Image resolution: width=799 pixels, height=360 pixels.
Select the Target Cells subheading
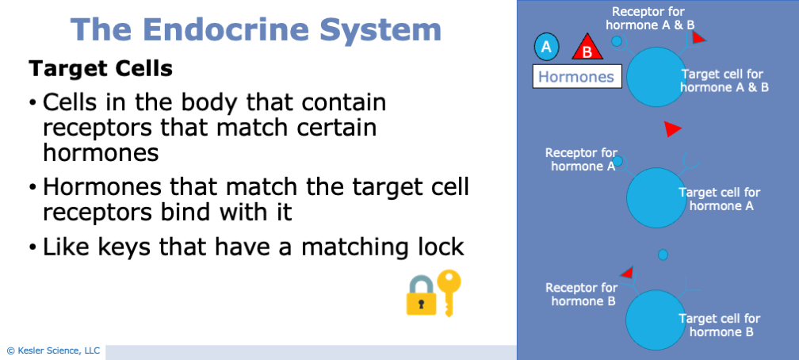tap(101, 69)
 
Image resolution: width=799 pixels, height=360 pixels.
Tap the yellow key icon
tap(449, 291)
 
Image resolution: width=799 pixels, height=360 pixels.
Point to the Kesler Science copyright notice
tap(53, 350)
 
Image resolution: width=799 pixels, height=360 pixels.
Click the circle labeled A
tap(545, 48)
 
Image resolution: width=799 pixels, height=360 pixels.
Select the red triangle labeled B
tap(587, 49)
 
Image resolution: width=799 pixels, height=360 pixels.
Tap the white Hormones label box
tap(576, 77)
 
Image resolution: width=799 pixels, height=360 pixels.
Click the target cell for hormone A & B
tap(656, 76)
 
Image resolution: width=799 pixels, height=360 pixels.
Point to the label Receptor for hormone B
tap(581, 294)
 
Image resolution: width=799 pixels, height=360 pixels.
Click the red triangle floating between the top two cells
tap(672, 128)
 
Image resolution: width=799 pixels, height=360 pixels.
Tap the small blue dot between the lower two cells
tap(663, 255)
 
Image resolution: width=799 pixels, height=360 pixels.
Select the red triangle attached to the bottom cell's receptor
tap(626, 273)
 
